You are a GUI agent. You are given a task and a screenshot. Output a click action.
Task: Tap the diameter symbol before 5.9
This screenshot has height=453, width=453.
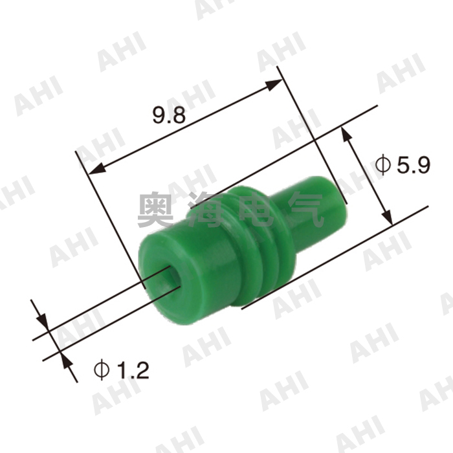pos(383,166)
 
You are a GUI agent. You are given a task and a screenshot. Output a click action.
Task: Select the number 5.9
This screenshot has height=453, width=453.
pos(412,166)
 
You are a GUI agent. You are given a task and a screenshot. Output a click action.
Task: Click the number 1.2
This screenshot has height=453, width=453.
pos(132,370)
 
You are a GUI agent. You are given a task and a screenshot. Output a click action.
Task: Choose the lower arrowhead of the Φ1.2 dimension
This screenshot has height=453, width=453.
pos(65,360)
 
